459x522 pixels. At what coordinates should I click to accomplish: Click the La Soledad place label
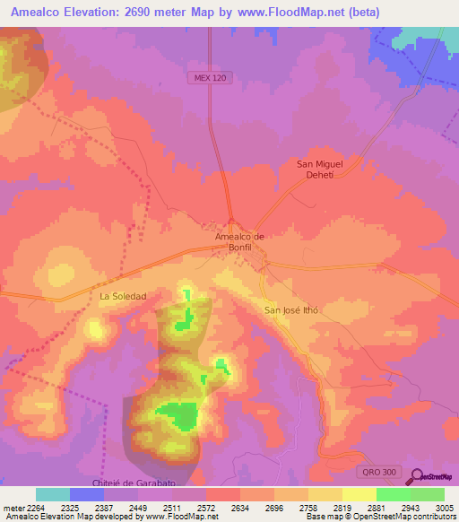point(123,296)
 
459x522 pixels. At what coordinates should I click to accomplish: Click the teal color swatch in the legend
point(53,494)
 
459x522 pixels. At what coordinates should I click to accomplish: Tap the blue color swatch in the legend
point(87,494)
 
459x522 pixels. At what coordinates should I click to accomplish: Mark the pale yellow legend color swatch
point(359,494)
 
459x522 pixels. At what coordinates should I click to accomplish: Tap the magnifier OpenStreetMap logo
point(418,476)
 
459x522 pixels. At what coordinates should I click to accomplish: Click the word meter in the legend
point(12,509)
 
